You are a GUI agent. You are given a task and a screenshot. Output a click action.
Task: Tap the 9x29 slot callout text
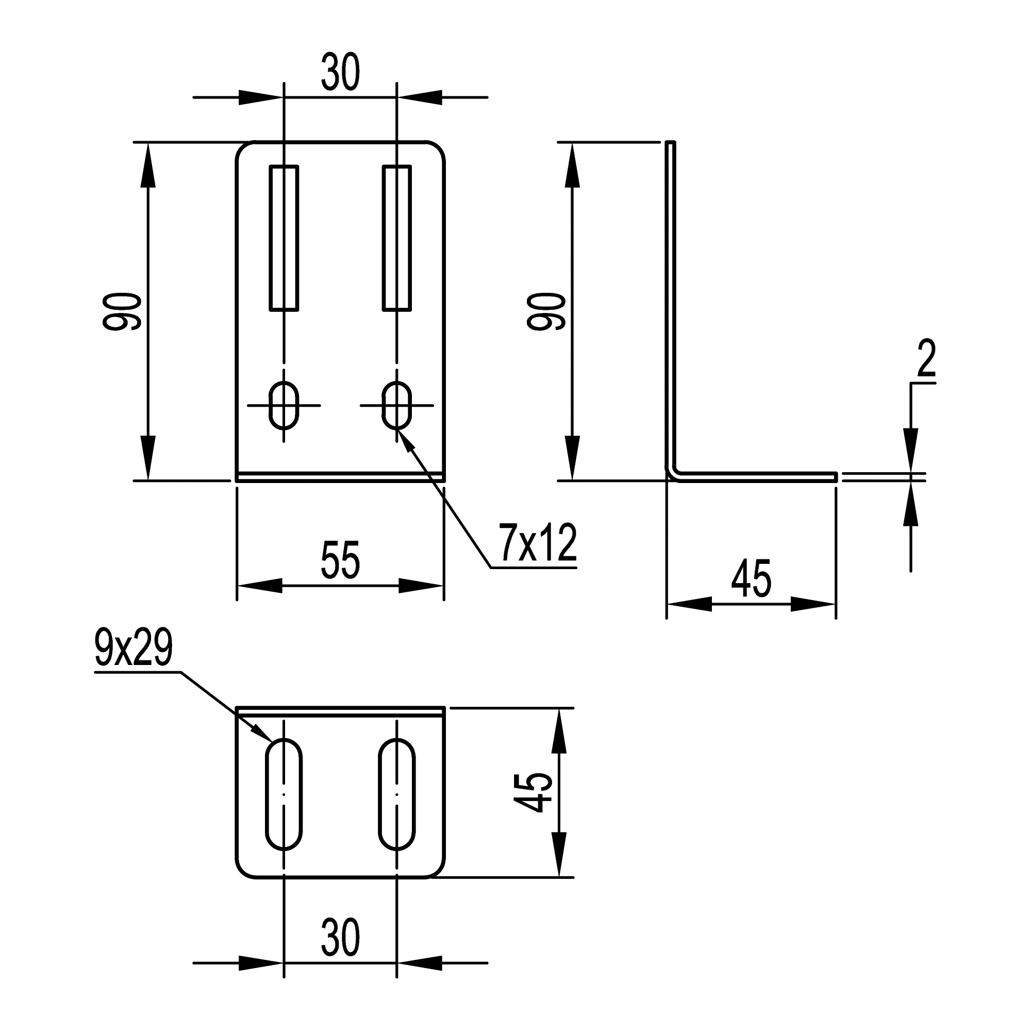point(134,648)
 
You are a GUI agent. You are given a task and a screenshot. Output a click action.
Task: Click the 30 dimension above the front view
point(340,72)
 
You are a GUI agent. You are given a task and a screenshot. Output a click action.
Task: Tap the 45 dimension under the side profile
point(752,578)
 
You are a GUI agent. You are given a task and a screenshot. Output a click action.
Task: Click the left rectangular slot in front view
point(284,238)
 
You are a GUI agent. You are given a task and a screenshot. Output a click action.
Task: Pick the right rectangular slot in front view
point(397,238)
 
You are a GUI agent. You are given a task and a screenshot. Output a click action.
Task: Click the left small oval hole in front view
point(284,405)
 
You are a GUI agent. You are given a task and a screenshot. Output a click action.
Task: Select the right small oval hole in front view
point(397,405)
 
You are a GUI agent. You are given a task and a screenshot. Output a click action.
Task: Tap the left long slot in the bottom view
point(284,793)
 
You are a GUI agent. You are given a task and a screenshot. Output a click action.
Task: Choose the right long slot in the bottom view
point(397,793)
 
